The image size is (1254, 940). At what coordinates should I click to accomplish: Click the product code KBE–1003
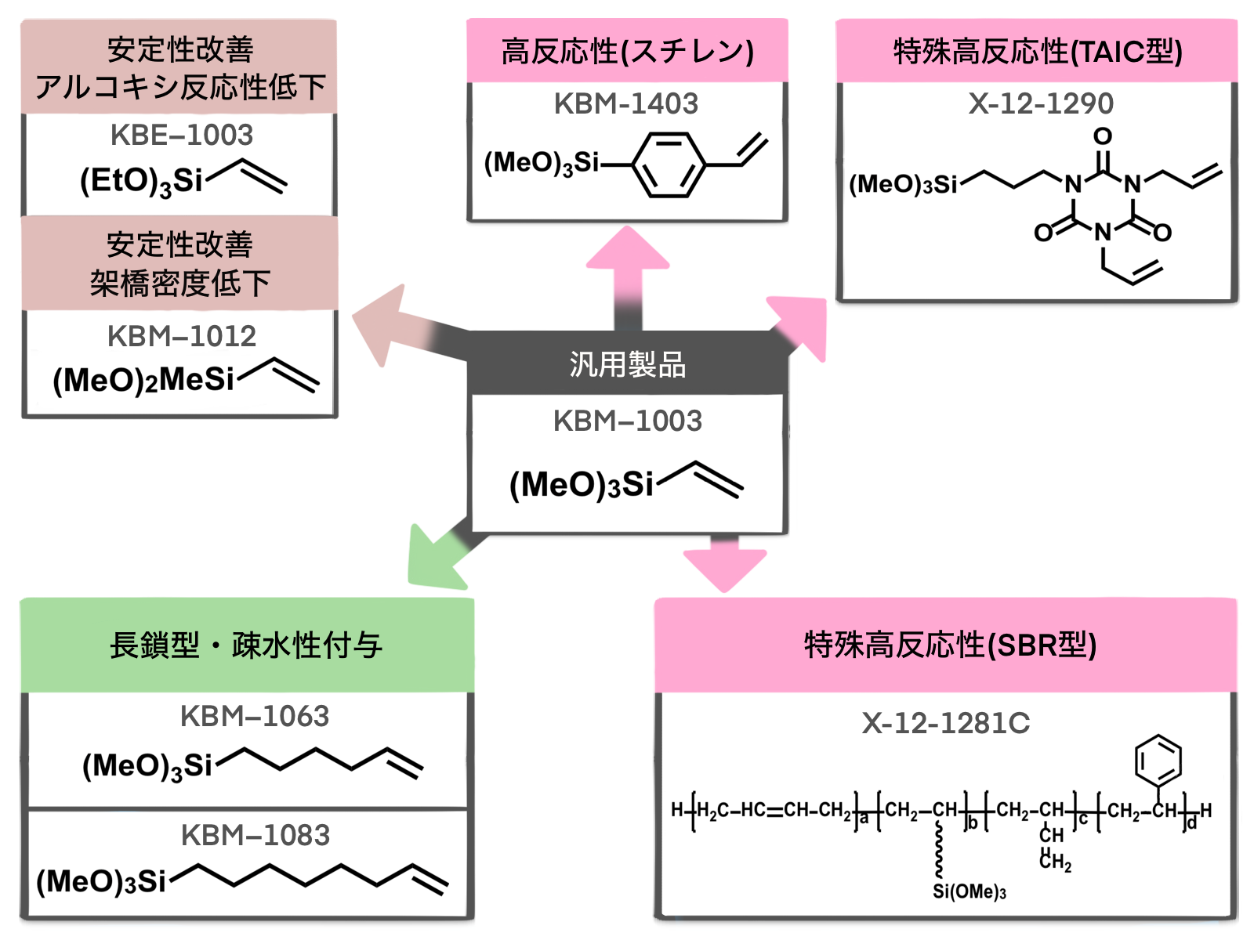click(182, 136)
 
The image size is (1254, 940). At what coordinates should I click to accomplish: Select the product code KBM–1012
click(182, 337)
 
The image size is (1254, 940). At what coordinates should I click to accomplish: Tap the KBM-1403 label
click(626, 104)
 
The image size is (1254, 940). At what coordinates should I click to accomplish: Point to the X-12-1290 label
click(1041, 104)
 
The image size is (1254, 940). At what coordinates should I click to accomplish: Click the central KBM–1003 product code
click(628, 421)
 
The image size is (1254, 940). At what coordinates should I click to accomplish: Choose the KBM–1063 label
click(255, 717)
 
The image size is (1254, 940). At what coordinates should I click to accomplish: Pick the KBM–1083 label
click(256, 836)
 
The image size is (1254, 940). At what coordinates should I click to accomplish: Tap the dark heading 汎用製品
click(628, 365)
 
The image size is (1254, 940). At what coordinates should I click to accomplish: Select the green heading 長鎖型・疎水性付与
click(246, 646)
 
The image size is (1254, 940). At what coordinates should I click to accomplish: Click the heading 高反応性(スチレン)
click(628, 52)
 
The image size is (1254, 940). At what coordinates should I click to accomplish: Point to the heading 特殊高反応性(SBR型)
click(950, 645)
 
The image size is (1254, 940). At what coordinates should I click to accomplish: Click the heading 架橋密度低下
click(180, 283)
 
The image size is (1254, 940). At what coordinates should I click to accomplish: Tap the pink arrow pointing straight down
click(724, 566)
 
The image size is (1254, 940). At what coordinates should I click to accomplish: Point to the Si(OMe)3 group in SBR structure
click(969, 892)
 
